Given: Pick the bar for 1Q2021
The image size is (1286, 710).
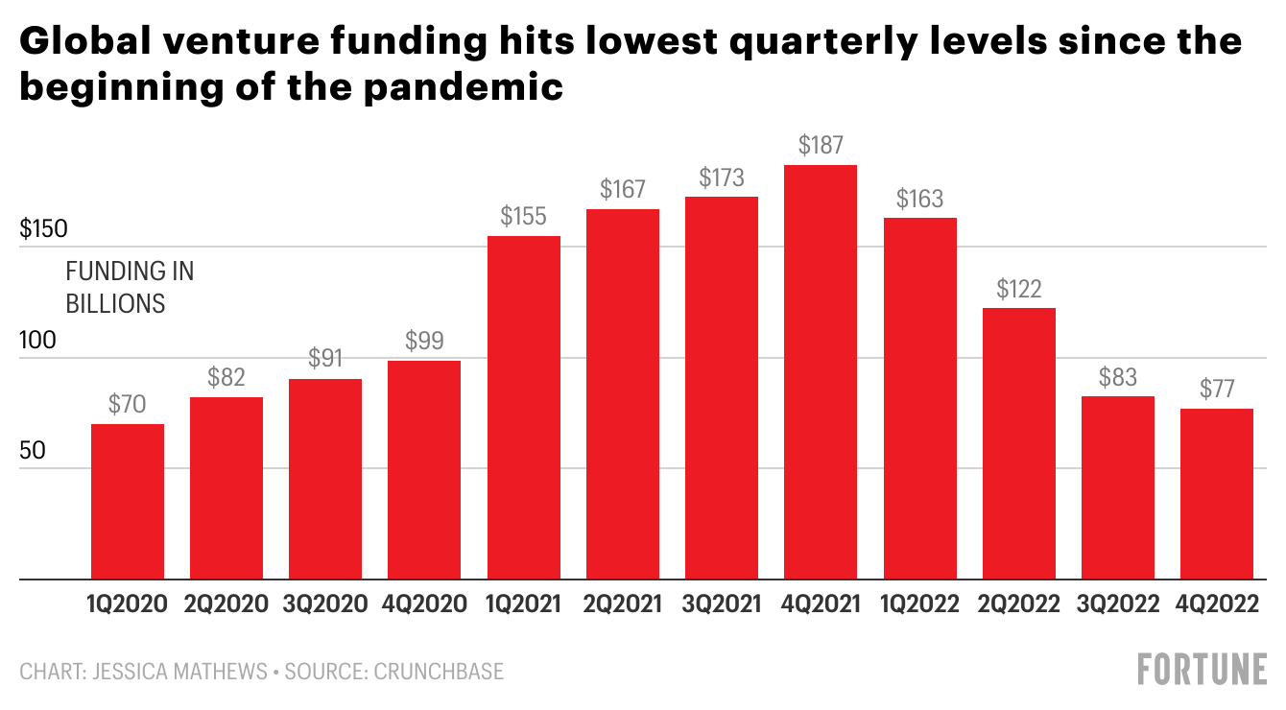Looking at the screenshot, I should [x=524, y=408].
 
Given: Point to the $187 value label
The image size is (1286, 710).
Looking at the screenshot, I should [x=821, y=146].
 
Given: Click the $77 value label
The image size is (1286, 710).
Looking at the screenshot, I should [x=1217, y=390].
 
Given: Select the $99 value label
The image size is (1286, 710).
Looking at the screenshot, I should [x=424, y=341].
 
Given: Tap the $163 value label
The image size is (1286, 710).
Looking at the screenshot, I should [x=919, y=200].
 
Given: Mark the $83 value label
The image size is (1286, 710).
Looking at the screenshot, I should [x=1118, y=377].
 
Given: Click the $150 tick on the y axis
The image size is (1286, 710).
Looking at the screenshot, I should [x=42, y=230].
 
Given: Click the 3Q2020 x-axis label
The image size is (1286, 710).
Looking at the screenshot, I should [x=325, y=604].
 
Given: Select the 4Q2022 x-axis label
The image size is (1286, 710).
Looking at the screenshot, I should [x=1217, y=604].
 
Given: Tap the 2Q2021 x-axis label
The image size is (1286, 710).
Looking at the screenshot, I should [x=623, y=604].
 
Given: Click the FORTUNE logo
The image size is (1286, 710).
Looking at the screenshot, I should [x=1202, y=670].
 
